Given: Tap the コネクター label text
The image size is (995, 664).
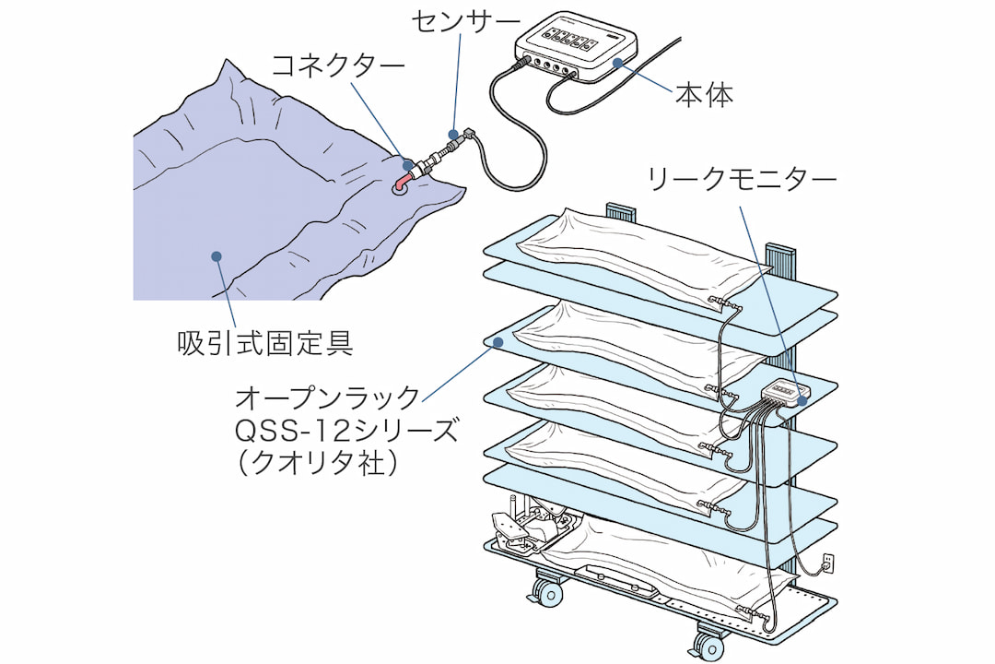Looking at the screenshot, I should tap(337, 65).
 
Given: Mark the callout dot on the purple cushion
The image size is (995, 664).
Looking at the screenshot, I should tap(217, 258).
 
